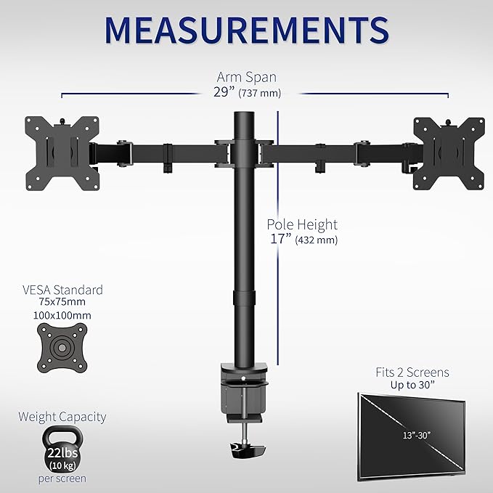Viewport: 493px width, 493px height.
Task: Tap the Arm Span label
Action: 246,77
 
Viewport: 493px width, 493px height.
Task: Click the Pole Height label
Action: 301,225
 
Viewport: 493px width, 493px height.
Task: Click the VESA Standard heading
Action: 62,290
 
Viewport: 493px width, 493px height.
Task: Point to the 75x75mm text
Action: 62,303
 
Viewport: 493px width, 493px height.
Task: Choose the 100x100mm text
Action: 62,316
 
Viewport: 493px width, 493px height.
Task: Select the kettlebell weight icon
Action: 62,449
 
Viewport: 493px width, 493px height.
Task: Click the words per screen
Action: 62,478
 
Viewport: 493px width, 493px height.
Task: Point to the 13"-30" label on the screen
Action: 412,435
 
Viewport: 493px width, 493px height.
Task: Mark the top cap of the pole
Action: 246,116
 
